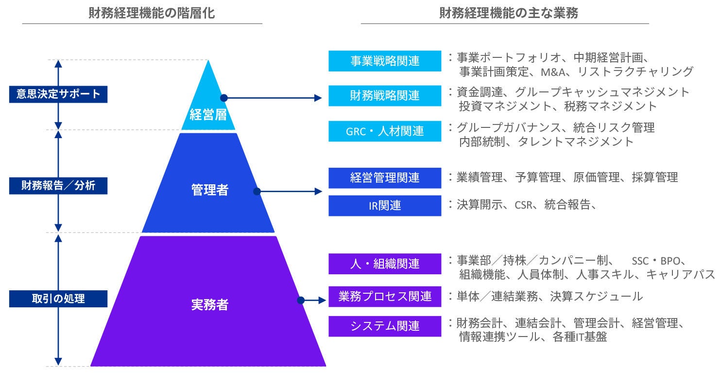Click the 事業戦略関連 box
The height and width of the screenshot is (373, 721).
tap(385, 61)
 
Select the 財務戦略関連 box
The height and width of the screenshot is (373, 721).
tap(385, 96)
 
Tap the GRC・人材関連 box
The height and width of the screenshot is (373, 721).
tap(385, 131)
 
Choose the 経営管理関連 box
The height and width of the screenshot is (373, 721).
tap(385, 178)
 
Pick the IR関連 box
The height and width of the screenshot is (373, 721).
tap(385, 206)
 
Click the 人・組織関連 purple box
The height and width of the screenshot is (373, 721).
tap(385, 264)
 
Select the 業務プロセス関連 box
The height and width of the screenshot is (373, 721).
tap(385, 296)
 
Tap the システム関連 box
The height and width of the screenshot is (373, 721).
tap(385, 326)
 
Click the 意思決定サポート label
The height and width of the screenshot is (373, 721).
tap(58, 94)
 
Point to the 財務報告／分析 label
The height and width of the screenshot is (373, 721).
tap(58, 186)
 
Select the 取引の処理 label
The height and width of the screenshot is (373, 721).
tap(58, 299)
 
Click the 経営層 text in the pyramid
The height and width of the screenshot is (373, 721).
tap(208, 116)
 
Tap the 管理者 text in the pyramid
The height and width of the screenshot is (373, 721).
tap(209, 190)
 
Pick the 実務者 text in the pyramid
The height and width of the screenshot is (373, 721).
tap(209, 305)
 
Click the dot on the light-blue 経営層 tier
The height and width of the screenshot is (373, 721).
tap(224, 98)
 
